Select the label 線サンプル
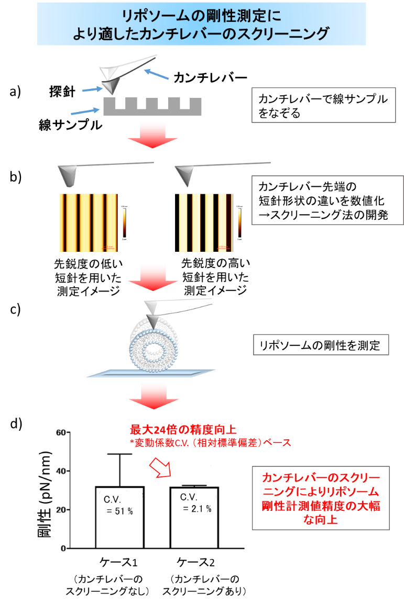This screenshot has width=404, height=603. [70, 125]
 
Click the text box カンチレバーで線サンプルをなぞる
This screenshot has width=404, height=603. [320, 106]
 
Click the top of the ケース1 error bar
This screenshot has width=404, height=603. [119, 454]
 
